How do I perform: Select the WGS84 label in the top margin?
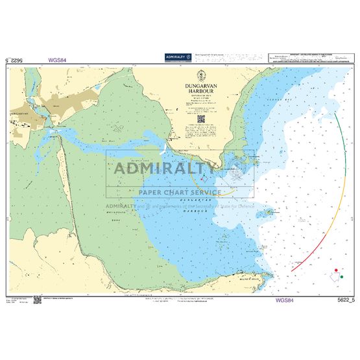pyautogui.click(x=57, y=60)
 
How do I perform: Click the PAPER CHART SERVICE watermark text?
pyautogui.click(x=179, y=192)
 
